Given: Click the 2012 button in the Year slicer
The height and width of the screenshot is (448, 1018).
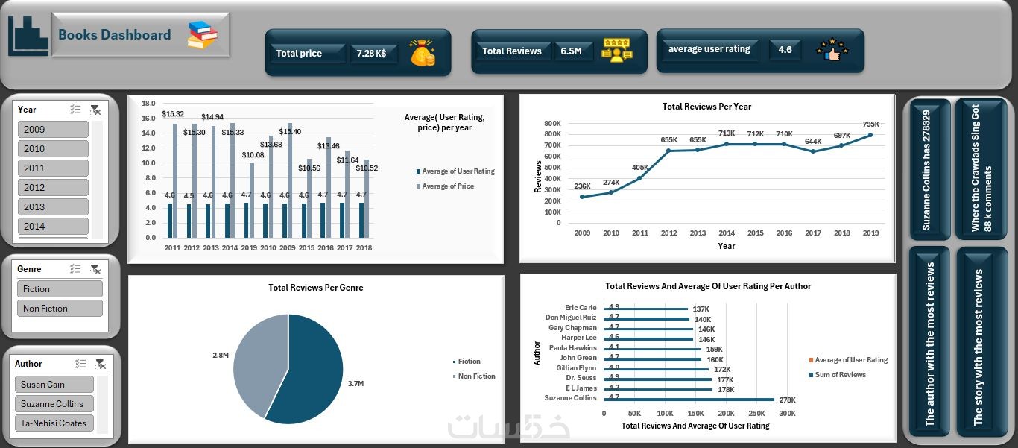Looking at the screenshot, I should coord(52,188).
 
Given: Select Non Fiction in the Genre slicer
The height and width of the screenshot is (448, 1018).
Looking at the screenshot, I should coord(59,309).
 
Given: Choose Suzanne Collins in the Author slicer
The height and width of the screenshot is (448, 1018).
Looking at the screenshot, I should coord(54,404).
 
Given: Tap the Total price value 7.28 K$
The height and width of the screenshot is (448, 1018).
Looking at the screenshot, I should coord(371,54).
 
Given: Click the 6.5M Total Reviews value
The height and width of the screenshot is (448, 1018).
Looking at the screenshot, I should coord(571,51).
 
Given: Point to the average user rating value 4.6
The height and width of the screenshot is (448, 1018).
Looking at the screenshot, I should coord(785,50).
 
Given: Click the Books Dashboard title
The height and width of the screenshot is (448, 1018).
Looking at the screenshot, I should coord(114,35).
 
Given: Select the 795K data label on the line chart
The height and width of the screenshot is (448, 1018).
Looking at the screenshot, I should coord(870,124).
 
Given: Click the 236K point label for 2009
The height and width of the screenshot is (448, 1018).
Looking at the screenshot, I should coord(582,186).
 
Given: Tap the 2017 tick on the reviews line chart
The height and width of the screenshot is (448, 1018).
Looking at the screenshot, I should coord(812,233).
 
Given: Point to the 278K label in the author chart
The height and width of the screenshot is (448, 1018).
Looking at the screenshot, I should coord(788,400).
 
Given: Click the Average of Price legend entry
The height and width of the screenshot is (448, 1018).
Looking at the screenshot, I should coord(447,186).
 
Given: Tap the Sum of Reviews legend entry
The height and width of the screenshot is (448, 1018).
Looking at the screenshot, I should coord(840,375).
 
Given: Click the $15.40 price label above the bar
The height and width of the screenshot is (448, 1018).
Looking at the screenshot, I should coord(290,132).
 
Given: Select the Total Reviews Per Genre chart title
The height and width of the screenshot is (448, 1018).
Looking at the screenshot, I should coord(316,288).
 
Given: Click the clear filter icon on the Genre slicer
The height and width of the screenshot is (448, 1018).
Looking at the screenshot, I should coord(95,269).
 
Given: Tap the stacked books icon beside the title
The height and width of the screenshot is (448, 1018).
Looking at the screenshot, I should coord(202,35).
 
